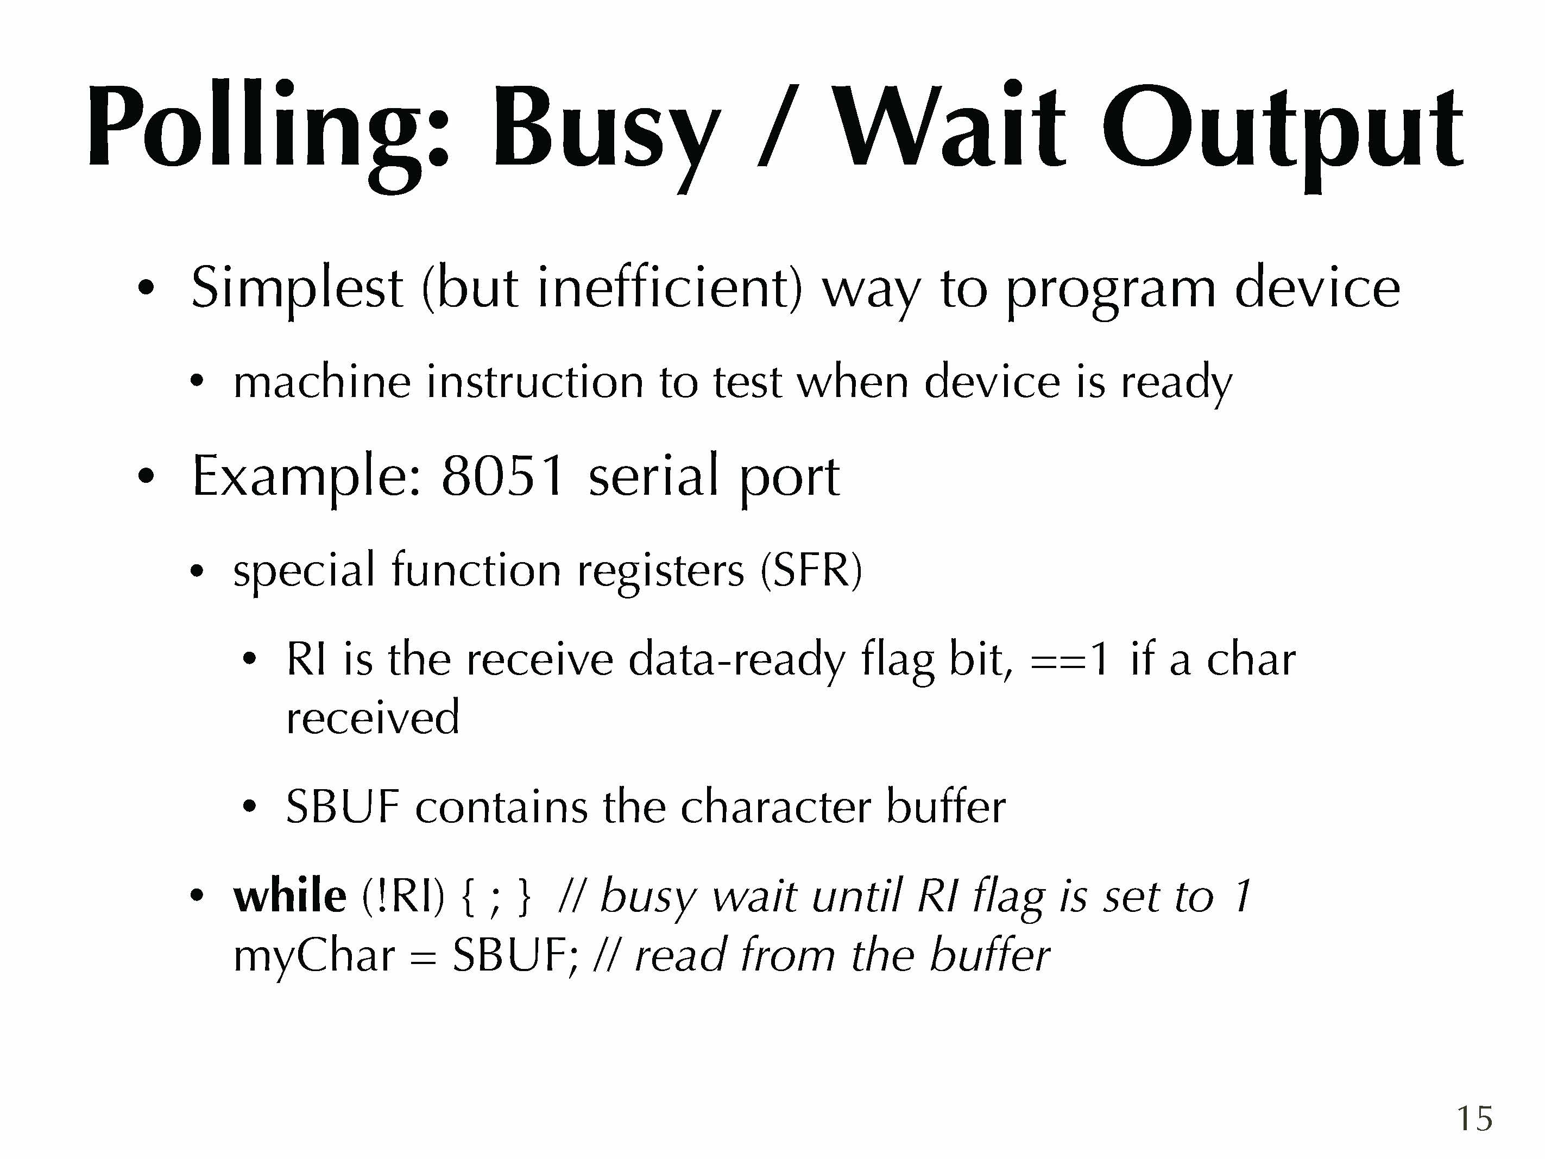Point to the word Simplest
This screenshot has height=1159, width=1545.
point(297,288)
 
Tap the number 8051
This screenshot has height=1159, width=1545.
point(502,476)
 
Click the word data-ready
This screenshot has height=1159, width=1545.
point(737,661)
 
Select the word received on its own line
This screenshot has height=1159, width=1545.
point(373,717)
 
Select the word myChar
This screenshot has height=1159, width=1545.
point(314,957)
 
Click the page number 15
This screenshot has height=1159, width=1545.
point(1474,1118)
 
